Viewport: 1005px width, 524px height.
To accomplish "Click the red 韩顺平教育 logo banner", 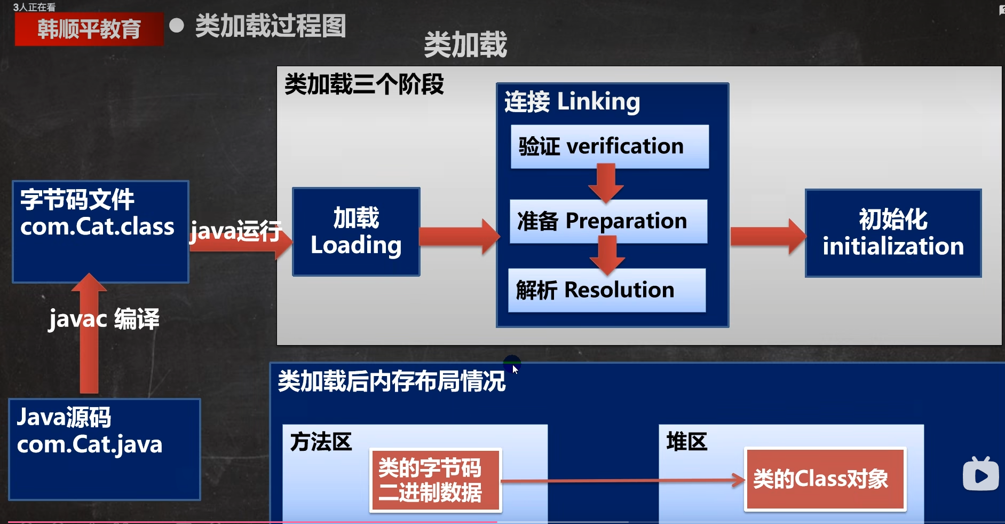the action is coord(89,29).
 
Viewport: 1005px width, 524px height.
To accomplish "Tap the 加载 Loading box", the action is coord(356,231).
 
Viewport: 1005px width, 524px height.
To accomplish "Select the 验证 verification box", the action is coord(610,146).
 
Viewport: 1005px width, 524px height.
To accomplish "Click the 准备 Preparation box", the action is coord(608,221).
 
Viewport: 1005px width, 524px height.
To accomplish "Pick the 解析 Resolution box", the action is coord(607,290).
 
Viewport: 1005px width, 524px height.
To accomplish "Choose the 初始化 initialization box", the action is coord(893,233).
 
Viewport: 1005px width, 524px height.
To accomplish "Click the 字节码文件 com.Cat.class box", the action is coord(100,231).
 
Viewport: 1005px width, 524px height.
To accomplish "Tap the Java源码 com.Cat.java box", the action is coord(105,449).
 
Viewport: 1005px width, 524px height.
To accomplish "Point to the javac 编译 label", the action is coord(104,319).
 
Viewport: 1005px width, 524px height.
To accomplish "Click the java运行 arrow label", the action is coord(236,231).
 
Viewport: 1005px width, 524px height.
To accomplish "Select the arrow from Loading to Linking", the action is coord(459,236).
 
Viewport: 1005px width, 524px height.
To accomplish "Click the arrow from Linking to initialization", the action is coord(767,236).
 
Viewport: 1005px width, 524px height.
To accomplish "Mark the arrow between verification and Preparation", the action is coord(606,183).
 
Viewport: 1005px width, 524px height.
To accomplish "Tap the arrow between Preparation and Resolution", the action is coord(607,255).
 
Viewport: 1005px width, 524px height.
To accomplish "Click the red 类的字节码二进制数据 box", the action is coord(435,480).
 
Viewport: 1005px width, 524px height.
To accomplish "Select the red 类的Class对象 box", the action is coord(825,479).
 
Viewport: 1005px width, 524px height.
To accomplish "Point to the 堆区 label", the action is coord(687,442).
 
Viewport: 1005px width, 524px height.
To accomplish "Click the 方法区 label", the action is coord(321,442).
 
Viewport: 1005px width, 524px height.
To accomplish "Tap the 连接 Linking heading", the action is coord(572,101).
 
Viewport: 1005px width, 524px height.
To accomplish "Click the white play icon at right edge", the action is coord(980,474).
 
